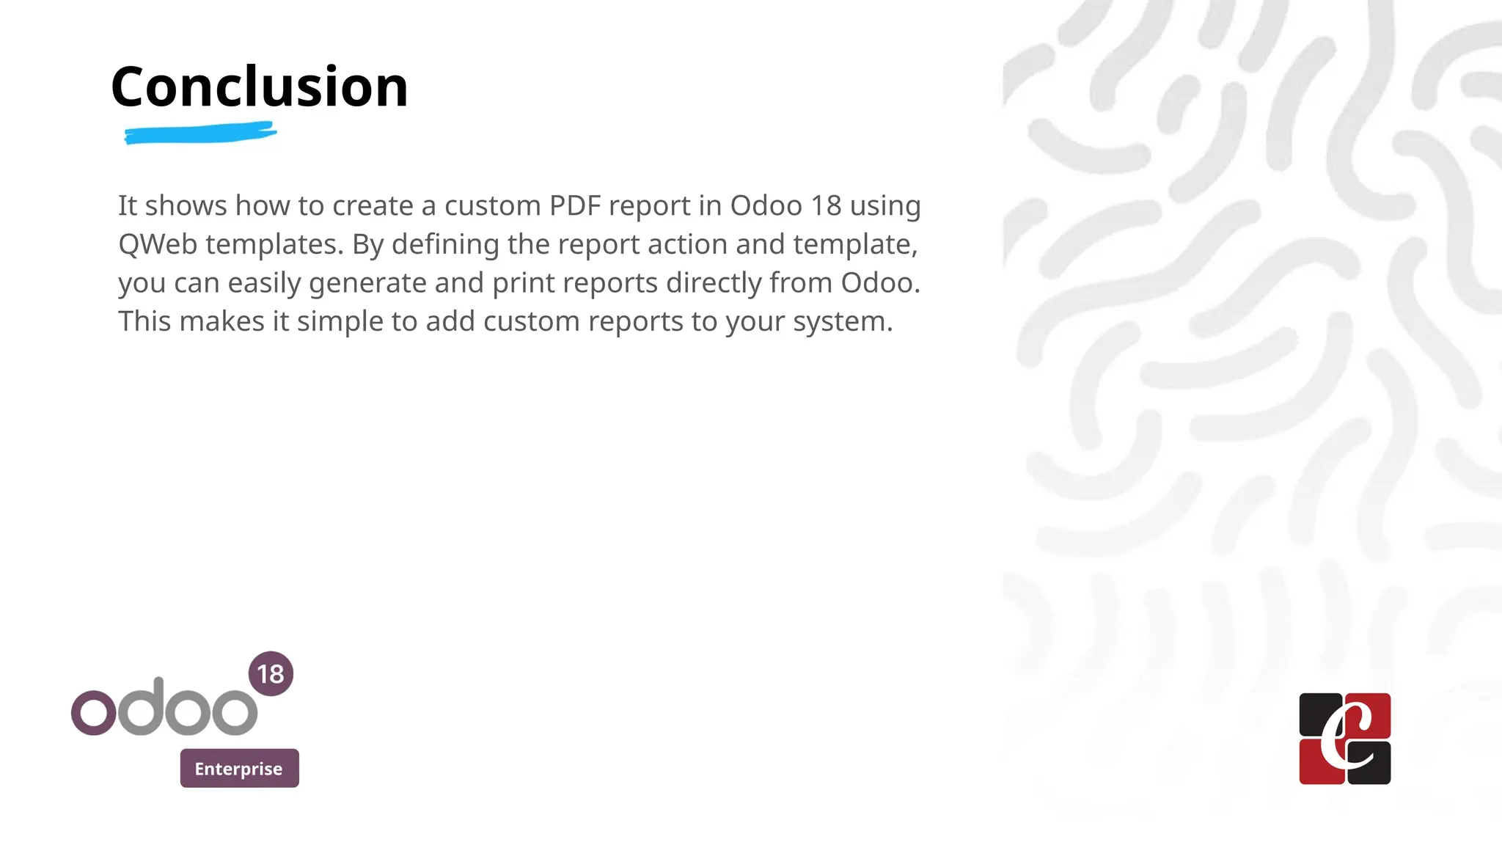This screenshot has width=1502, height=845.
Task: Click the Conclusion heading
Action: [x=259, y=87]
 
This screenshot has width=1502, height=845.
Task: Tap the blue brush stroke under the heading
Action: [x=199, y=134]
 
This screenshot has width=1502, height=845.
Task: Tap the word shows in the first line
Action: [x=186, y=206]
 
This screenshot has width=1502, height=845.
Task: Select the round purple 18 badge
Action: [x=271, y=673]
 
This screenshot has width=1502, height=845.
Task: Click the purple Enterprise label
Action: [x=239, y=768]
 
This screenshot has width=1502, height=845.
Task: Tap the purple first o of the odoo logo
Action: [x=93, y=712]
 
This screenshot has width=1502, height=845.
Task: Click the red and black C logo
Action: [x=1344, y=739]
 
